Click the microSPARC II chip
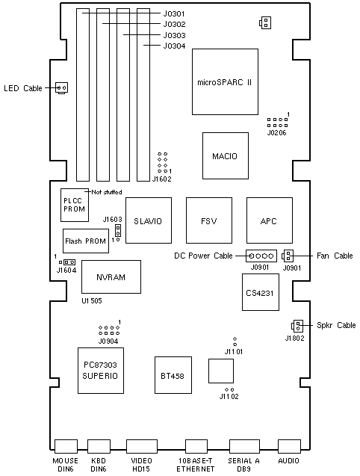[225, 81]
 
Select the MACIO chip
[226, 155]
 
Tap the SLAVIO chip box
[149, 220]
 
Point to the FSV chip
[209, 220]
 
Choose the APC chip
[270, 220]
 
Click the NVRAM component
[111, 276]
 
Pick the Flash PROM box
[86, 241]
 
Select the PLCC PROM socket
[75, 205]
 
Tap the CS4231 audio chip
[261, 292]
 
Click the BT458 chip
[173, 375]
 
